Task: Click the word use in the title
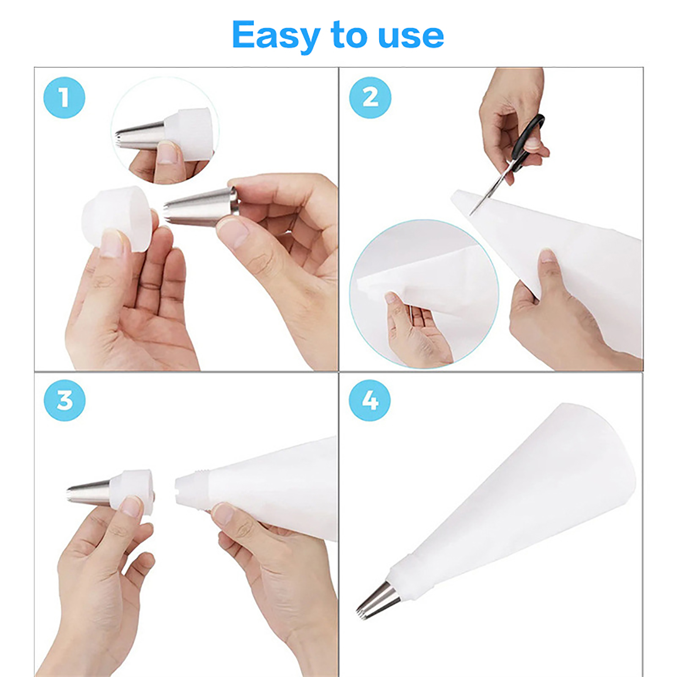click(x=410, y=36)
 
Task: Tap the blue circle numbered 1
click(x=64, y=98)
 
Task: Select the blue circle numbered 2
click(x=370, y=98)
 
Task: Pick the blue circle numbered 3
click(x=65, y=400)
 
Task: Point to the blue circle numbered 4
click(x=370, y=400)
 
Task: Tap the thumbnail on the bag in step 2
click(x=547, y=256)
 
